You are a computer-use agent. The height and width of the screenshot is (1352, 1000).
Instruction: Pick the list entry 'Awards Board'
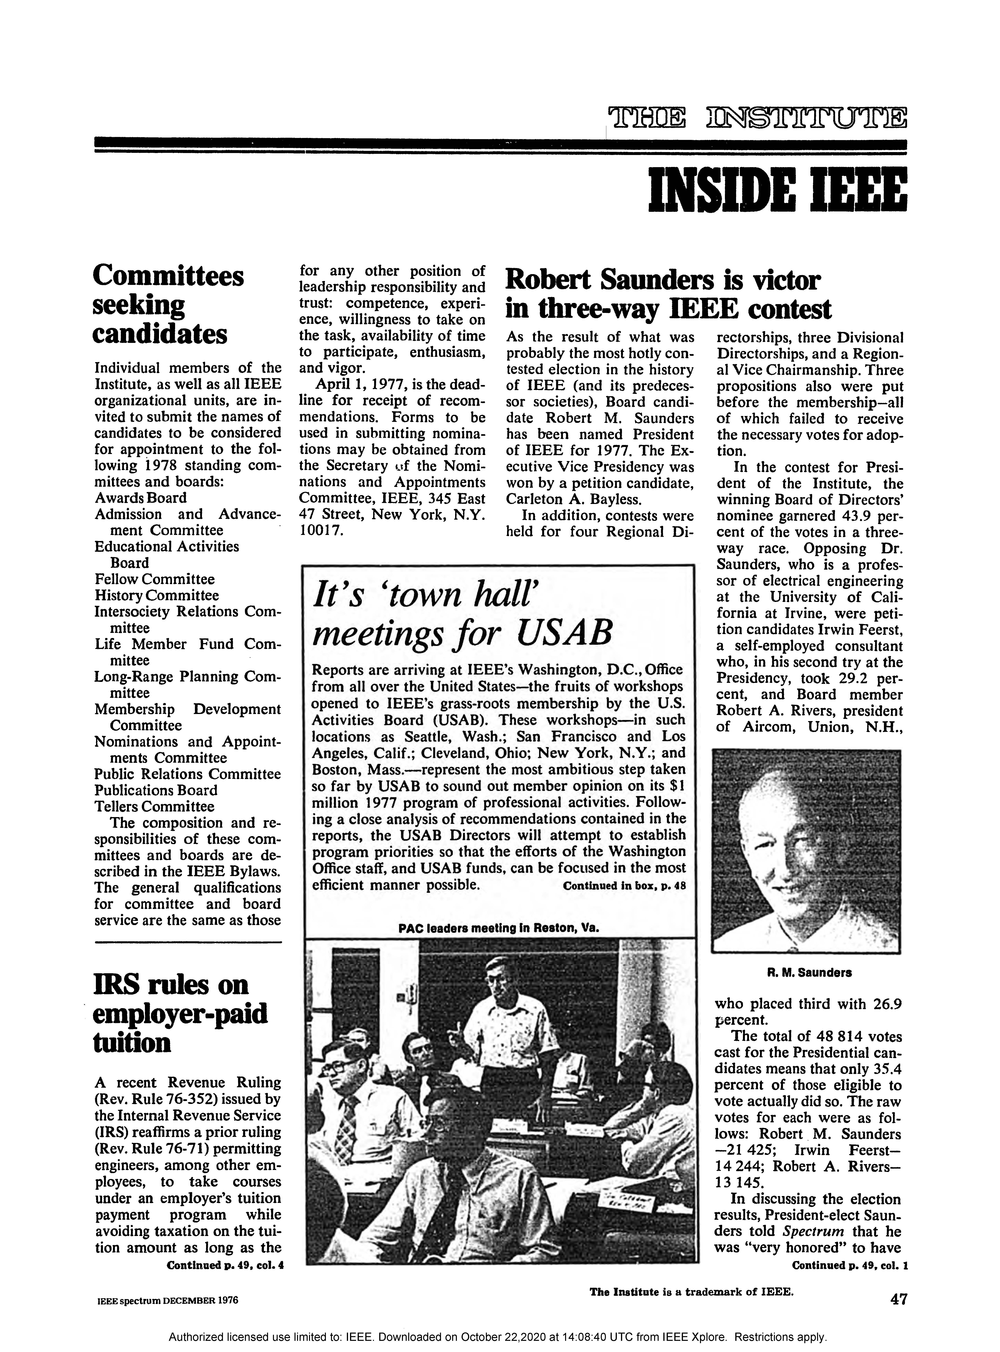140,498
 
